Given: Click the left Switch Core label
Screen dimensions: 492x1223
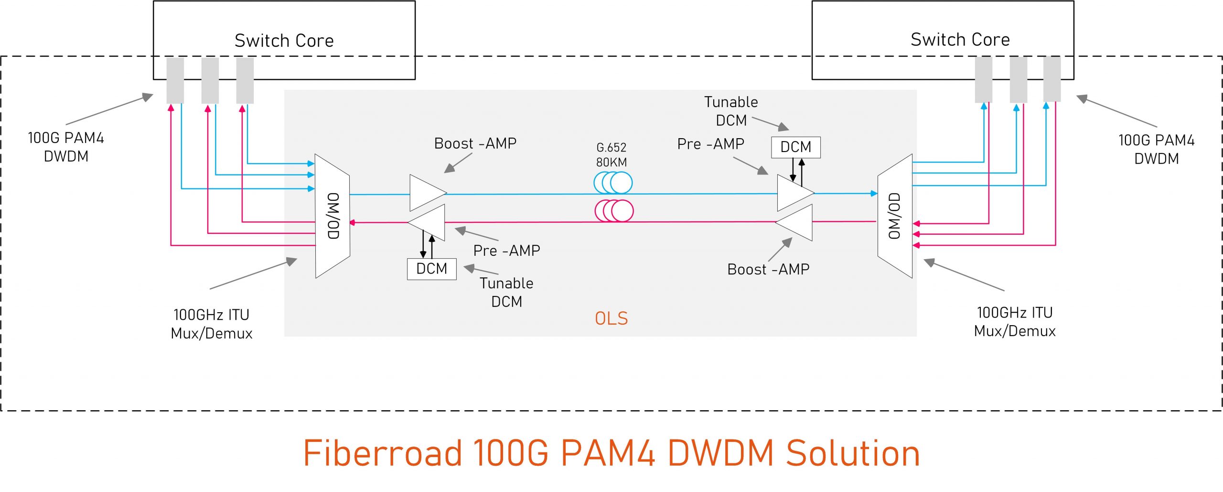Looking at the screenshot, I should pos(284,41).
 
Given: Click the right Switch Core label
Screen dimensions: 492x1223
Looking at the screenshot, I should pos(960,39).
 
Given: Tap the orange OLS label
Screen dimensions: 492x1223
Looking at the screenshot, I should pos(611,318).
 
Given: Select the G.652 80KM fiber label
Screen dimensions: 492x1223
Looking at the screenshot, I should pos(611,154).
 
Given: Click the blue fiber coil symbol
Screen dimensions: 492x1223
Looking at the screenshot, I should pos(613,182).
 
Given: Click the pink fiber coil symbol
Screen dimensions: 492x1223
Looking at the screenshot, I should pos(614,211).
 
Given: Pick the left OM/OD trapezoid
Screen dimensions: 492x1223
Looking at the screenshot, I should pos(333,216).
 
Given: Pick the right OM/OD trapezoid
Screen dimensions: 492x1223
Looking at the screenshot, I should pos(895,216).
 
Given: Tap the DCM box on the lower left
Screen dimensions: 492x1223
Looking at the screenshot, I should pos(431,269).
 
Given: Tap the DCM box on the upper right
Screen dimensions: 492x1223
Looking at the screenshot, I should pos(795,147).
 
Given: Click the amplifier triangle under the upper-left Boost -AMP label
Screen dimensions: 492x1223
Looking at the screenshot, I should pos(427,193).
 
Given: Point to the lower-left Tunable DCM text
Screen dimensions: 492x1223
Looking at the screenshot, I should pos(506,292).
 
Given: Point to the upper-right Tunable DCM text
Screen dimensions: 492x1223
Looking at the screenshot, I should pos(731,111).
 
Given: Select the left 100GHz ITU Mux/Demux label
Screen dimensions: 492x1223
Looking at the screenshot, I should pos(211,324).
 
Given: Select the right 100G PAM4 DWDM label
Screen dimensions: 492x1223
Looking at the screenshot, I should pos(1156,149).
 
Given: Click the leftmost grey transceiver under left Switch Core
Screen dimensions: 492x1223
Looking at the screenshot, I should pos(175,80).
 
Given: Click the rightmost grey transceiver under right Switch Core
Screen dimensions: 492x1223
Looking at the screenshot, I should pos(1051,79).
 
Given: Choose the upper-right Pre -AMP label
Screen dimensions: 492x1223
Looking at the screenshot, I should pos(710,143).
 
